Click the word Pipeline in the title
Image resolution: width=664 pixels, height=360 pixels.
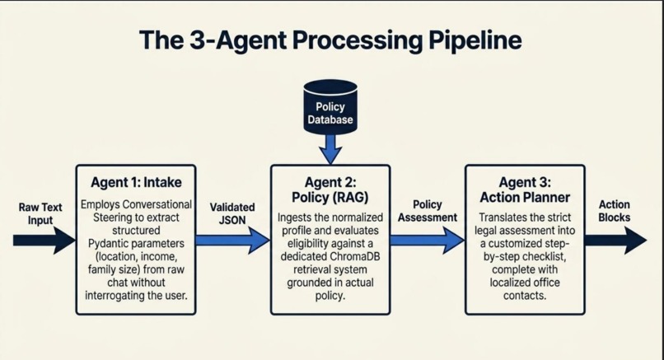[475, 40]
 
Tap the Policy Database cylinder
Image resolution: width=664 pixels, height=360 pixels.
[330, 107]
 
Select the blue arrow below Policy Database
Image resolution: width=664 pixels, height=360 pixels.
[330, 149]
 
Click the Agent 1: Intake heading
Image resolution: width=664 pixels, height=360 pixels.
[136, 183]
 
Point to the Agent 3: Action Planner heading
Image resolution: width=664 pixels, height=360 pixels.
[525, 189]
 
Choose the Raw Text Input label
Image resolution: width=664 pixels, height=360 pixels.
[40, 214]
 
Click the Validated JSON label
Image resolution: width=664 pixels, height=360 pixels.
[232, 214]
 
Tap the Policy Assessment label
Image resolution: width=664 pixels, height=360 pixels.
[428, 211]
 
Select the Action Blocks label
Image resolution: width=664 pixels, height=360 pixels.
[614, 211]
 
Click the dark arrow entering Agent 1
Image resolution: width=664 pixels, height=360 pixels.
[44, 241]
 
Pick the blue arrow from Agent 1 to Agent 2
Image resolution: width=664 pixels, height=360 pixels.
[233, 241]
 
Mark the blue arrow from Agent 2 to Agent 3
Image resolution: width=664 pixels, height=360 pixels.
[428, 241]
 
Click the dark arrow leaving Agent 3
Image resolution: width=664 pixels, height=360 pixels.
[615, 241]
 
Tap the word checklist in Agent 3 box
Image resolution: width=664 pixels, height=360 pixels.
[546, 257]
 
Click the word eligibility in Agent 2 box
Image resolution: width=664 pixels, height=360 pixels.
[308, 244]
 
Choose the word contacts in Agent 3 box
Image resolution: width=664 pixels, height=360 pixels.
[525, 296]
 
